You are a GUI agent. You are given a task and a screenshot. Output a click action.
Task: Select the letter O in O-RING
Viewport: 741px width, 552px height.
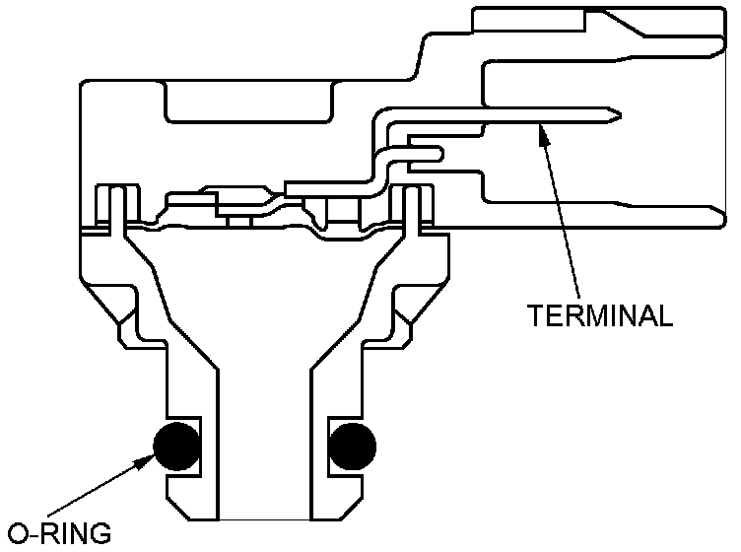(x=15, y=535)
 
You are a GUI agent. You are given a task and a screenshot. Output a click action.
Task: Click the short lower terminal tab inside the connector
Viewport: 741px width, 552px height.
(x=424, y=153)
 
